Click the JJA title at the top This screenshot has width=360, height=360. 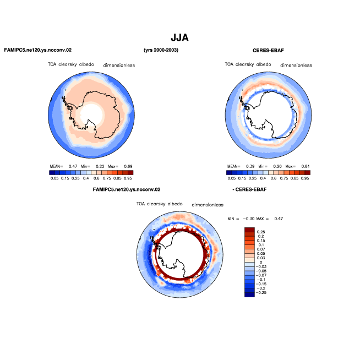[x=179, y=37]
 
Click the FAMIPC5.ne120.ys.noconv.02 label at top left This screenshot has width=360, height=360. [x=38, y=50]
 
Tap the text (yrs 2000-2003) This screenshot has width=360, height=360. [x=161, y=50]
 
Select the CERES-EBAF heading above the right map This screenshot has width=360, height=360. [x=268, y=50]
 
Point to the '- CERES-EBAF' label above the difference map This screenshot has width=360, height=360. [x=249, y=189]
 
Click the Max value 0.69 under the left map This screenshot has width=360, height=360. [x=128, y=166]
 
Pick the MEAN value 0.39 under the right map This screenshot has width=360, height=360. [x=250, y=166]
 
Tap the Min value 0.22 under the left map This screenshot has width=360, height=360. [x=100, y=166]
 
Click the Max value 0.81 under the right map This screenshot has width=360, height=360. [x=306, y=166]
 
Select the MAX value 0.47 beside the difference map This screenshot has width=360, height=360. [x=279, y=219]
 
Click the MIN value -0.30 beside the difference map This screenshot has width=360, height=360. [x=249, y=219]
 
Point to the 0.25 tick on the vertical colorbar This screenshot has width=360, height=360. [x=261, y=232]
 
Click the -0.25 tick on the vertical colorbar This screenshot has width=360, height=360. [x=261, y=292]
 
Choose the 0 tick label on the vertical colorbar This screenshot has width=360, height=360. [x=261, y=262]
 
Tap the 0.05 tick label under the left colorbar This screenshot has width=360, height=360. [x=54, y=178]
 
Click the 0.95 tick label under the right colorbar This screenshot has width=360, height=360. [x=305, y=178]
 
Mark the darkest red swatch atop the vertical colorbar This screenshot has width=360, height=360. [x=249, y=230]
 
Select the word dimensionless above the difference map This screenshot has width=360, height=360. [x=208, y=205]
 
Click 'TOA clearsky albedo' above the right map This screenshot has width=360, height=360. [x=248, y=64]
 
